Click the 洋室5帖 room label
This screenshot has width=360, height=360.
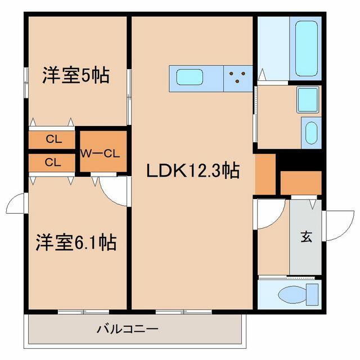point(76,75)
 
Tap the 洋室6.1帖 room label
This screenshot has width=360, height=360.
point(76,242)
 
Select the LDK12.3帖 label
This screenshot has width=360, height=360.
point(193,170)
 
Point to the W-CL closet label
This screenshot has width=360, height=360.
point(100,154)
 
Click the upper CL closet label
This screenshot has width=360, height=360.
point(54,139)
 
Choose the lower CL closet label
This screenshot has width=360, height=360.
point(53,163)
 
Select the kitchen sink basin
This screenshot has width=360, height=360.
point(190,76)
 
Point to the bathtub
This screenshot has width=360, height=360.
point(307,49)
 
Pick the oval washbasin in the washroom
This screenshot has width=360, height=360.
point(311,133)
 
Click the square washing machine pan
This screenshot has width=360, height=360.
point(308,100)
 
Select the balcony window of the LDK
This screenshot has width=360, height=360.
point(183,312)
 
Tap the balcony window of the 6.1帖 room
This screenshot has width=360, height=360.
point(83,312)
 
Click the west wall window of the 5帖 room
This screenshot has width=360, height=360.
point(26,83)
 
